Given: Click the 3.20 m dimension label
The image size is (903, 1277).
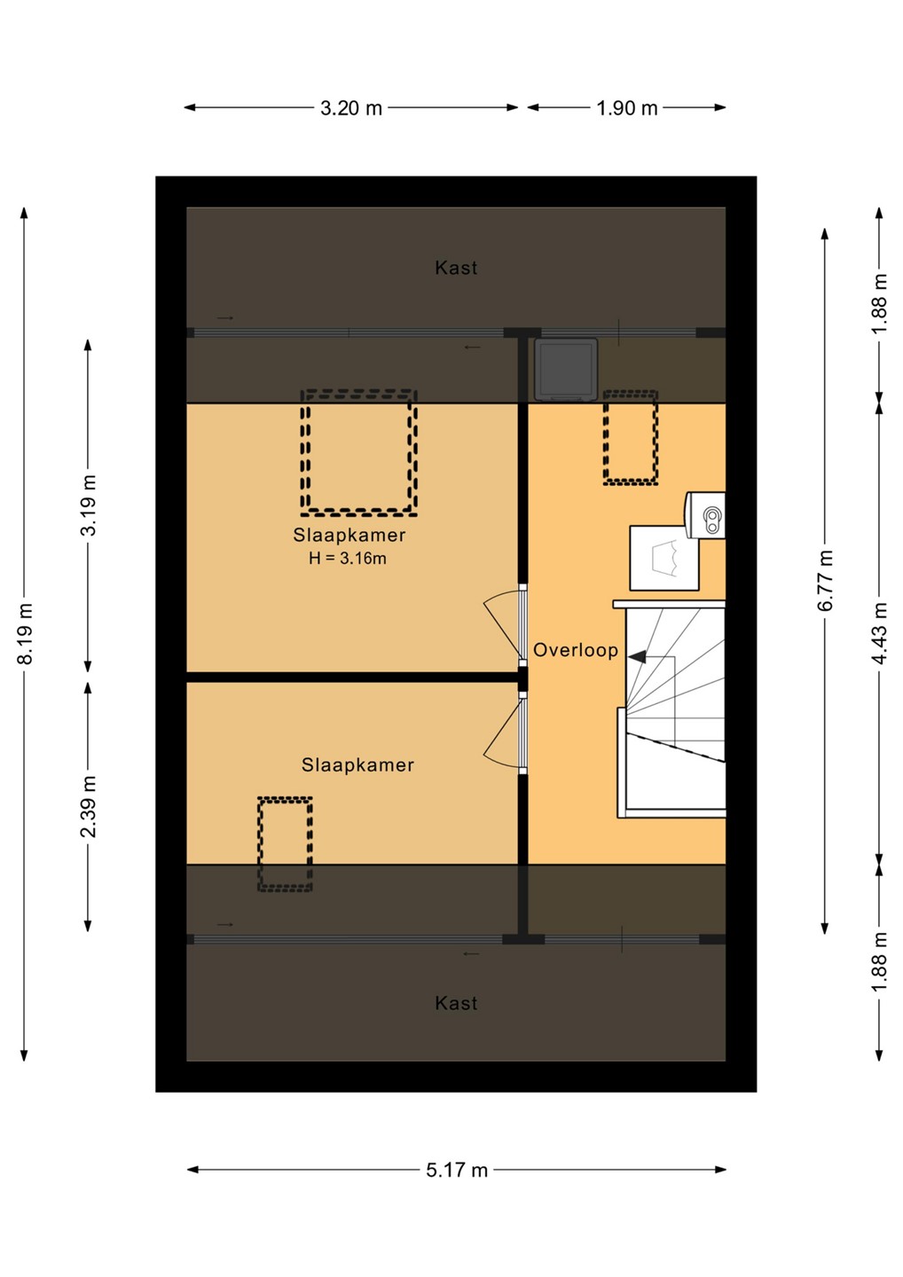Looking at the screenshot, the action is coord(350,108).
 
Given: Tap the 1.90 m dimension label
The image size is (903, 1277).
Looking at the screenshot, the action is coord(626,108).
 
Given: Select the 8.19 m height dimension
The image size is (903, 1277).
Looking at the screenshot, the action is coord(26,633).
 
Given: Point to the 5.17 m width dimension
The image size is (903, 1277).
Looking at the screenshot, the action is coord(457,1170).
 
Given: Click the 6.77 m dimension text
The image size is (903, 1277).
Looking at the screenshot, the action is coord(825,580).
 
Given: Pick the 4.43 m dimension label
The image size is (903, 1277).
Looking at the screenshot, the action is coord(880,633).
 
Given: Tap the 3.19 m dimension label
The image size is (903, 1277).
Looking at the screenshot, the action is coord(88,505).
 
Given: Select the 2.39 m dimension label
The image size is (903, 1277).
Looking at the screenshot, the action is coord(88,806).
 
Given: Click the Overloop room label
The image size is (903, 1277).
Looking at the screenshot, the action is coord(575,650).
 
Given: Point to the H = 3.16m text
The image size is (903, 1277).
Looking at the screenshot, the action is coord(347,558).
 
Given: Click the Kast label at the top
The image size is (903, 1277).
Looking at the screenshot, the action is coord(455,268).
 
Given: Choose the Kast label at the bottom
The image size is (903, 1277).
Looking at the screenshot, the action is coord(455,1003).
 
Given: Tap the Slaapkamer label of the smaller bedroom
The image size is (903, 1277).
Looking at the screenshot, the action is coord(357,764).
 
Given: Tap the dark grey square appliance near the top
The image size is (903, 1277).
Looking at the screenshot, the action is coord(566,369).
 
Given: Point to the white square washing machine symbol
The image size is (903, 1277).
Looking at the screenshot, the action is coord(664,558).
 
